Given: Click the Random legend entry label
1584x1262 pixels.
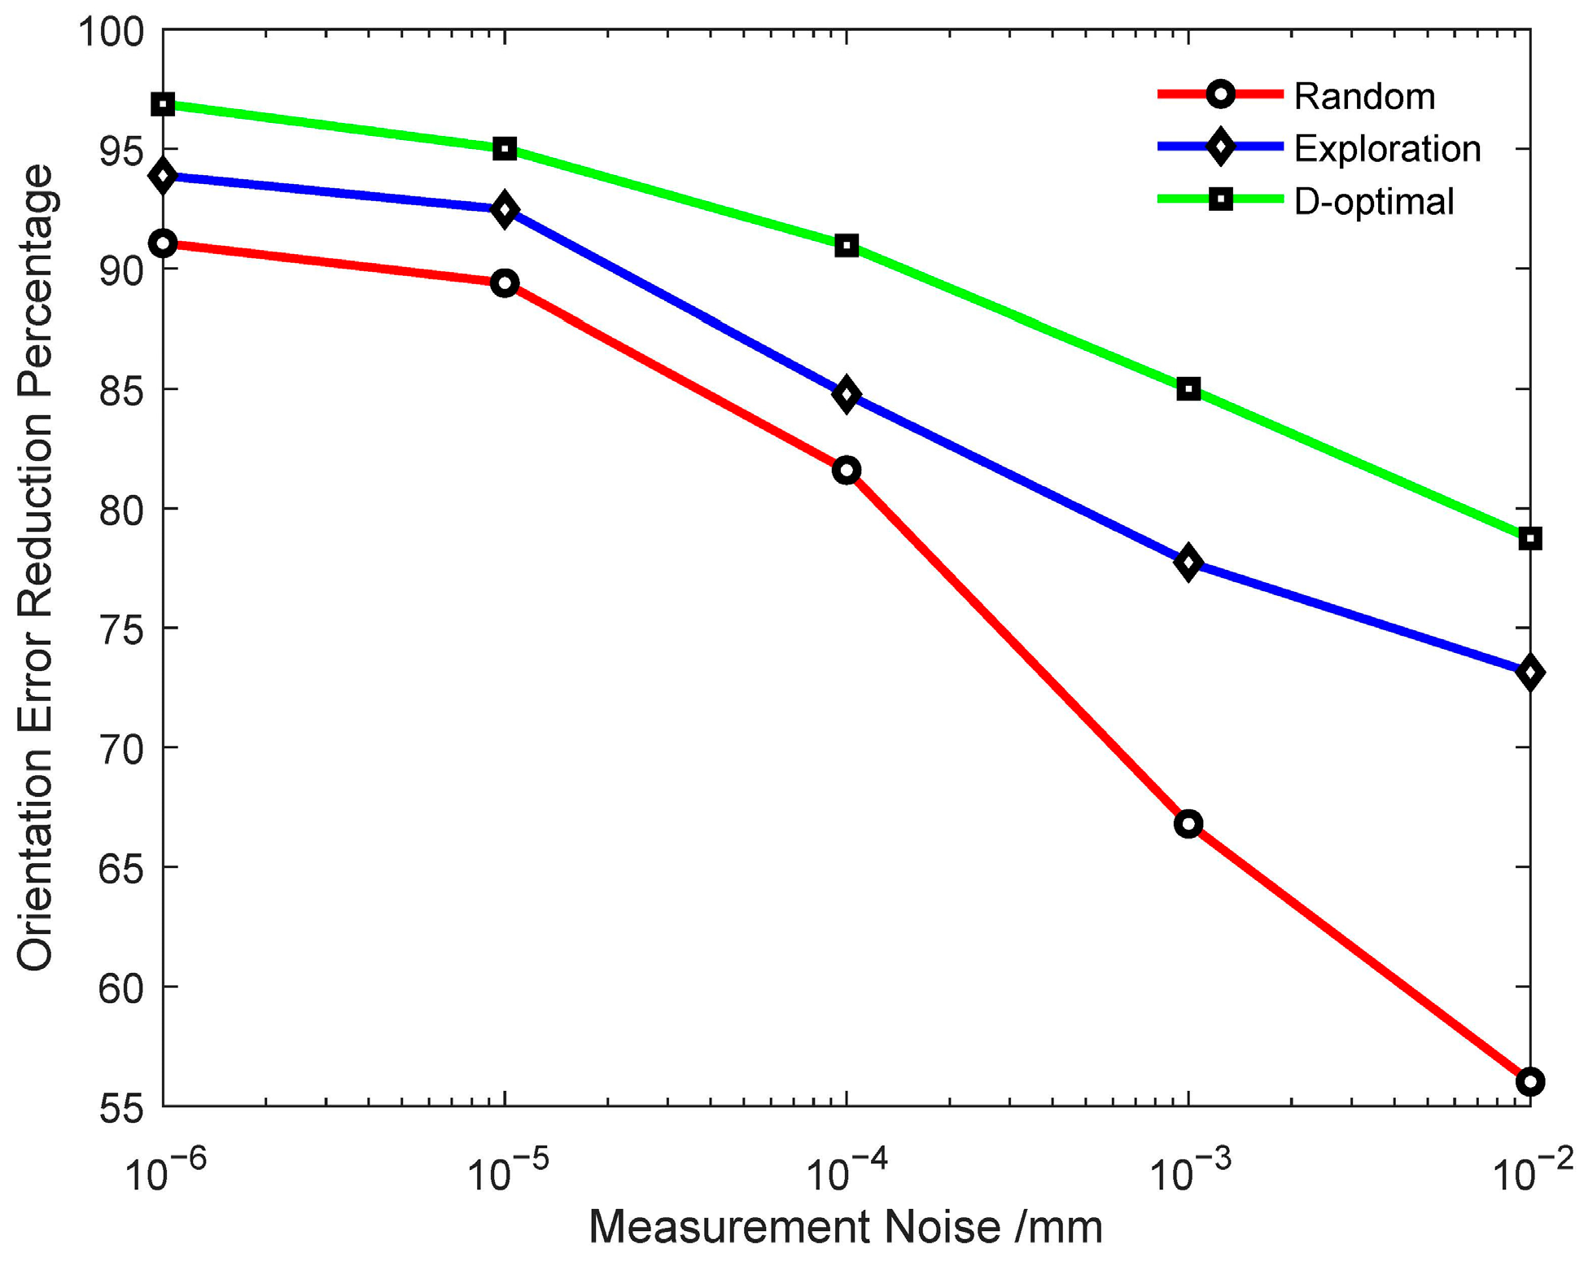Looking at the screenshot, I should pyautogui.click(x=1363, y=97).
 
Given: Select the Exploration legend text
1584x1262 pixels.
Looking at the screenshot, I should pyautogui.click(x=1386, y=149).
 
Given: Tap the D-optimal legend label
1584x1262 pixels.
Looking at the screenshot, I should pyautogui.click(x=1373, y=201).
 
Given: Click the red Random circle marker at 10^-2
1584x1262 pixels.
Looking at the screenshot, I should pyautogui.click(x=1529, y=1081).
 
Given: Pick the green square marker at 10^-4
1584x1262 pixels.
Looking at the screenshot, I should pyautogui.click(x=847, y=245).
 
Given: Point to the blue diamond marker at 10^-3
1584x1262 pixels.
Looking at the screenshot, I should pyautogui.click(x=1188, y=563).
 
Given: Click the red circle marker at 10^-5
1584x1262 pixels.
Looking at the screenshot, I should pyautogui.click(x=505, y=283).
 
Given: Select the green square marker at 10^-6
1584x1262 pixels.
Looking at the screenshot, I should pyautogui.click(x=164, y=104).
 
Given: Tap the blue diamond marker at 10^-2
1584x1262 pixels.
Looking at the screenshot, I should pyautogui.click(x=1529, y=673).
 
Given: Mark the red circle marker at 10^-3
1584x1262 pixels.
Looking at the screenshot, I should pyautogui.click(x=1188, y=823).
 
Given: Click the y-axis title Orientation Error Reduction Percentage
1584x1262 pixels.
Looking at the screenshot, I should pyautogui.click(x=35, y=567).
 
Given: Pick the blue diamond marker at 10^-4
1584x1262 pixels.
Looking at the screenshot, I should pyautogui.click(x=847, y=395).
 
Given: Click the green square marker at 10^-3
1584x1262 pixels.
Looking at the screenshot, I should pyautogui.click(x=1188, y=388).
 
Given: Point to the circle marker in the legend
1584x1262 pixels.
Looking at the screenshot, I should pyautogui.click(x=1220, y=94).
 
